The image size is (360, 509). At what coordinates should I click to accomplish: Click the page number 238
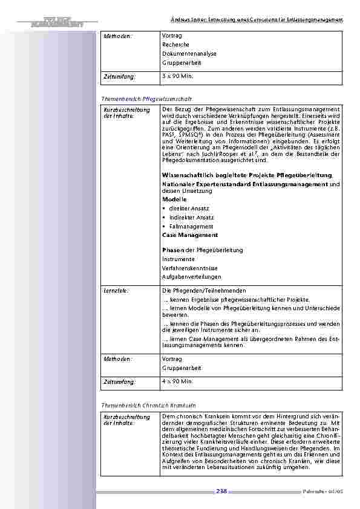(221, 491)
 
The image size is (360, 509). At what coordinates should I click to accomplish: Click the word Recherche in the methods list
(175, 45)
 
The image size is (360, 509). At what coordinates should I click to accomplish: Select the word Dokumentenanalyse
(189, 54)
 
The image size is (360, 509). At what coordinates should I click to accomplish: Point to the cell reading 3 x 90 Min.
(177, 77)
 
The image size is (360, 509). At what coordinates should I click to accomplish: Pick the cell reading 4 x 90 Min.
(177, 381)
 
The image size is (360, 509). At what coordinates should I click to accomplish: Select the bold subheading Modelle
(174, 199)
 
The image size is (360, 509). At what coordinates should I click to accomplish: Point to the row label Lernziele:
(116, 290)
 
